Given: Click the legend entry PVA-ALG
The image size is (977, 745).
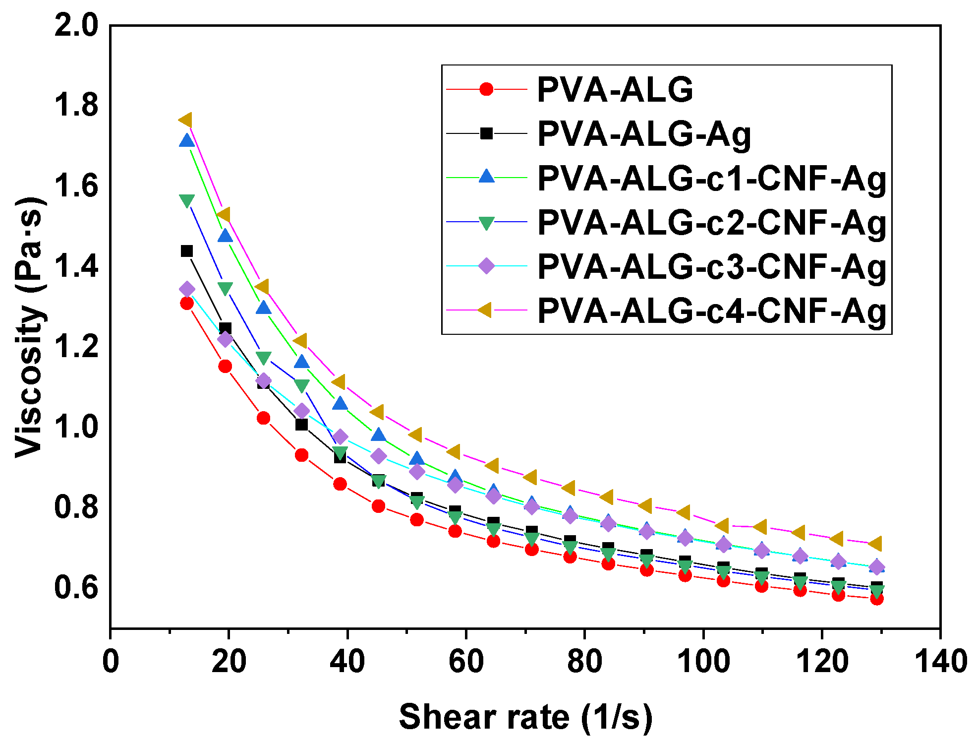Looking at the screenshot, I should coord(615,90).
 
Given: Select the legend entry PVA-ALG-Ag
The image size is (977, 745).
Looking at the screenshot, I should coord(644,134).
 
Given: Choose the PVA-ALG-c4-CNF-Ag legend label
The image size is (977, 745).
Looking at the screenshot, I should coord(711,310).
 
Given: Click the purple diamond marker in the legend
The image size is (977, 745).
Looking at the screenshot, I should coord(487,266).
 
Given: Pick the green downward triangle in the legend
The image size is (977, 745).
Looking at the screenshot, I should coord(487,223).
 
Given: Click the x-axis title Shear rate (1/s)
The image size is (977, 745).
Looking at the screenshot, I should coord(525,717).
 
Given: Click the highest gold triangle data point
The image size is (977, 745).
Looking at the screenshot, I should coord(185,121).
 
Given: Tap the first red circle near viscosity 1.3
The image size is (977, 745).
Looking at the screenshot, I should coord(187,303).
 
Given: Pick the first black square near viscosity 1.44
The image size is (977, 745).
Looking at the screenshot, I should coord(187,251).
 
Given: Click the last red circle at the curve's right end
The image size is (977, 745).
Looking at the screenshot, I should coord(877,599).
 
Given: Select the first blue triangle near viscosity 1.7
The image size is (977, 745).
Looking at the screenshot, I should coord(187,141).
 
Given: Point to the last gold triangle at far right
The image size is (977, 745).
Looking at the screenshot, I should coord(875,543).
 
